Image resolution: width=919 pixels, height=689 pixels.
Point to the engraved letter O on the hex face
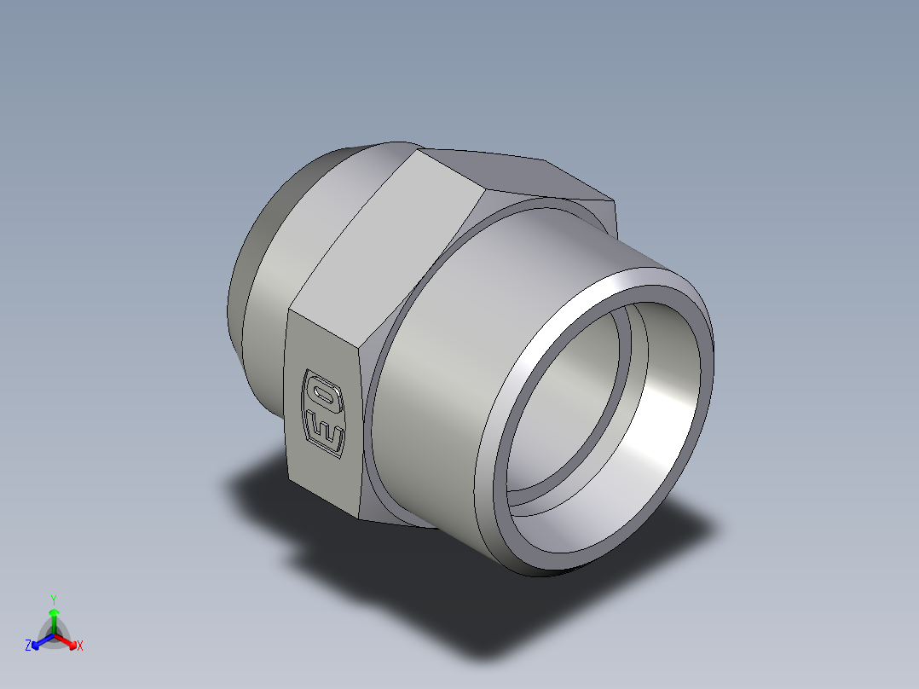[x=323, y=394]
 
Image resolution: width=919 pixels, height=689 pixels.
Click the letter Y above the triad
[x=54, y=599]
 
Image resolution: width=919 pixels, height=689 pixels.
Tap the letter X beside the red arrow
[x=80, y=646]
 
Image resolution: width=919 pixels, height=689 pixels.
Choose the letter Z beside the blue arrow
[x=28, y=646]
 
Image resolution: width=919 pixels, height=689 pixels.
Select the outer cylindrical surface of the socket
[x=477, y=341]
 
